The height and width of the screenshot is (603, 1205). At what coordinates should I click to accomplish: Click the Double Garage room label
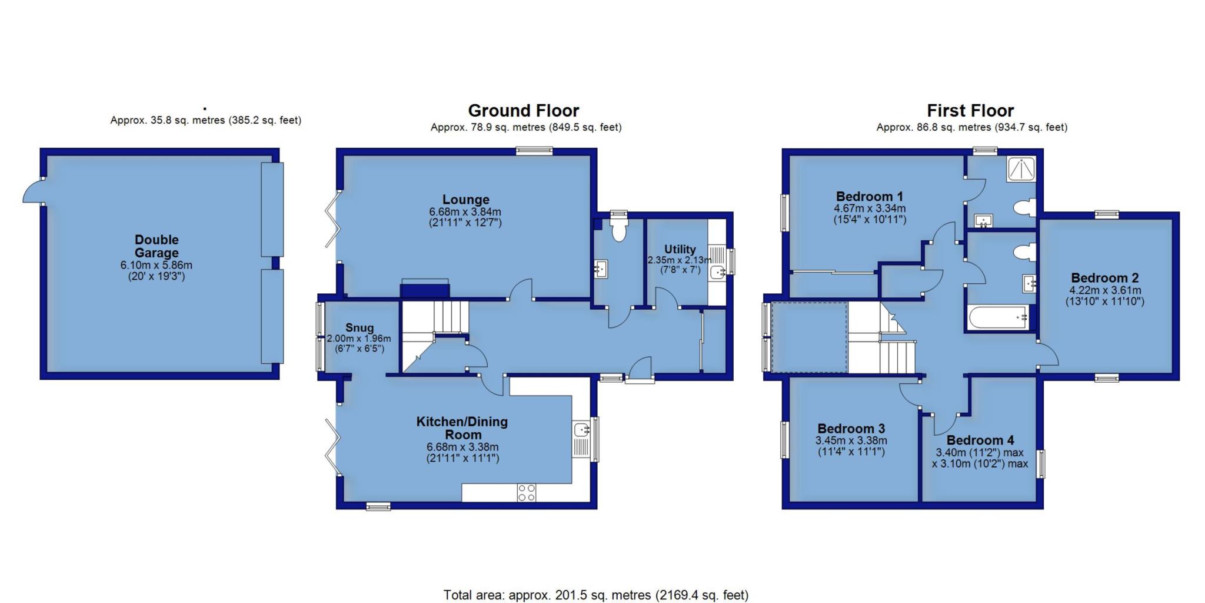(157, 246)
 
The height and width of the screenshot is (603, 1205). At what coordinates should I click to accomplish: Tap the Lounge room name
(465, 200)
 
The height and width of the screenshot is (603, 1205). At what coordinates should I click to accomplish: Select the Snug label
(359, 328)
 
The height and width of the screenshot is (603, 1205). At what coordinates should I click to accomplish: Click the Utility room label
(680, 249)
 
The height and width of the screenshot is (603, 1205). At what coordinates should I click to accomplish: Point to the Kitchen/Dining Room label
(462, 428)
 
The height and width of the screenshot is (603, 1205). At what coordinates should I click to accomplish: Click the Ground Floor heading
(524, 111)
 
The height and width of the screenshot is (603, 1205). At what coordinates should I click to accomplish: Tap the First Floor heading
(971, 111)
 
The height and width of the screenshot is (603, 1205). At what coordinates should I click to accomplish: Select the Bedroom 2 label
(1104, 278)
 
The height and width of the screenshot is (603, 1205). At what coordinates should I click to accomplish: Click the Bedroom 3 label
(851, 429)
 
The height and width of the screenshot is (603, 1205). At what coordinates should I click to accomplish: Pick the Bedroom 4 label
(980, 440)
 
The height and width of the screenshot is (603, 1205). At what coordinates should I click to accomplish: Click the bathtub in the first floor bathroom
(998, 317)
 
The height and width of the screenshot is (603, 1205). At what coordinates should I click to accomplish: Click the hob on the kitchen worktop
(527, 492)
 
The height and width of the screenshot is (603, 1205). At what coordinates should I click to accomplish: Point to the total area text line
(596, 595)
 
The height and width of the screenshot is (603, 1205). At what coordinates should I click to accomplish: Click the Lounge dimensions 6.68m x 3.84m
(465, 212)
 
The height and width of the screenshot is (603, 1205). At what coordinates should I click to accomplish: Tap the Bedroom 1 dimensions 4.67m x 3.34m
(870, 208)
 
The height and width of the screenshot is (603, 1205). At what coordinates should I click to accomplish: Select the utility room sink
(717, 272)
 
